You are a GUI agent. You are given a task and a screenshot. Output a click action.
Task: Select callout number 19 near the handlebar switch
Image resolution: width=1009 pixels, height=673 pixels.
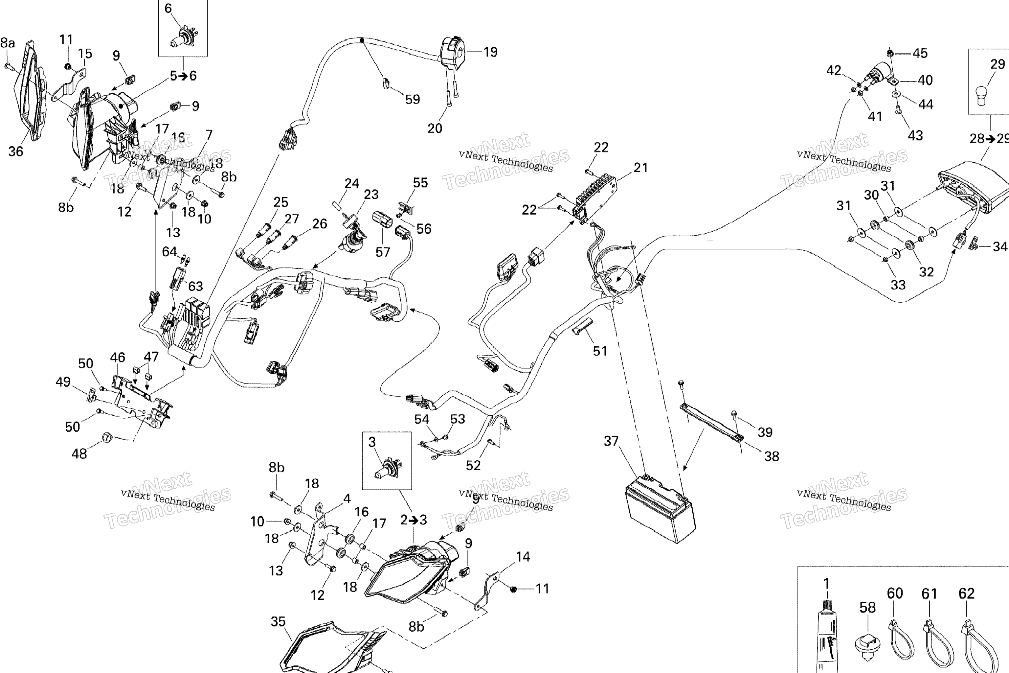pos(490,52)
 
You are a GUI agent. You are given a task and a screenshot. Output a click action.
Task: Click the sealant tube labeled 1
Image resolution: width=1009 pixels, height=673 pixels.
pos(827,635)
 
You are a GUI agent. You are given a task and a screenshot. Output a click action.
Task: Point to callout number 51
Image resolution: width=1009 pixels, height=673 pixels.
pos(600,351)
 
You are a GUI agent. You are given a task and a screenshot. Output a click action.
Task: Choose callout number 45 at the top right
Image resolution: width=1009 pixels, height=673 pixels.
pos(920,53)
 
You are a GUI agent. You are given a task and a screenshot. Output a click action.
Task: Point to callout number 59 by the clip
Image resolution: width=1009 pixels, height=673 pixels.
pos(412,99)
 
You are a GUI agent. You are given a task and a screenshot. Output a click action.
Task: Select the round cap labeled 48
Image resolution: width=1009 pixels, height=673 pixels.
pos(106,437)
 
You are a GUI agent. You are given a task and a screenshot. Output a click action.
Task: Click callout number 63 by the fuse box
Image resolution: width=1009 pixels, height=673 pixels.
pos(196,286)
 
